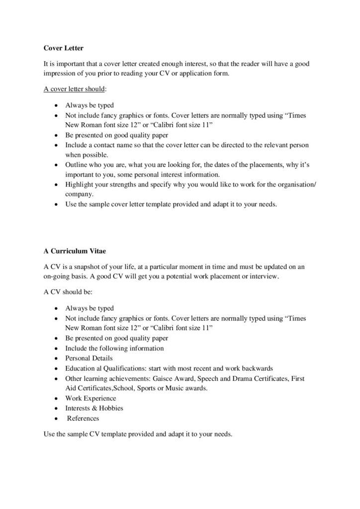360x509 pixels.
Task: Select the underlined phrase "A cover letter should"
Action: [x=71, y=89]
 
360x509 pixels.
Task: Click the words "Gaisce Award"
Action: [x=166, y=378]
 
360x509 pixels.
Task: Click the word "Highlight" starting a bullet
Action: [x=80, y=184]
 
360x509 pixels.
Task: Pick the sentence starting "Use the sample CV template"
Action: [x=138, y=434]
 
